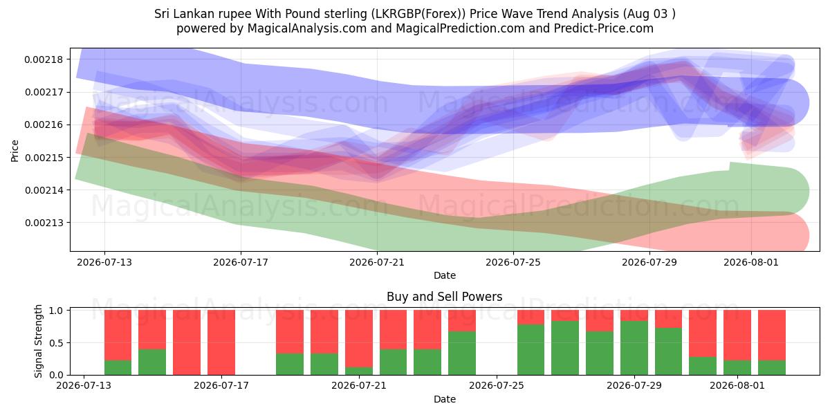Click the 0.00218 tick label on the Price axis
coord(44,59)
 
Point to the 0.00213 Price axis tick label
coord(44,223)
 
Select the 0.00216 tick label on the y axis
coord(44,125)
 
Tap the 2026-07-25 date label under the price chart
coord(513,263)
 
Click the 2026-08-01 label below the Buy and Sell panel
coord(737,386)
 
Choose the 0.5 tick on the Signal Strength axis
coord(56,343)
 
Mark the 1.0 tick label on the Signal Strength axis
coord(56,311)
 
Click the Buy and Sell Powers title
coord(445,297)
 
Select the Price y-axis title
coord(15,151)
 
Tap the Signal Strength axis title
coord(38,341)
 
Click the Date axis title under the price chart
coord(445,276)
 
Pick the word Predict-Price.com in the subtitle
coord(604,28)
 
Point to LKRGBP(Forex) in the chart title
coord(418,14)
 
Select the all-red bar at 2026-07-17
coord(221,343)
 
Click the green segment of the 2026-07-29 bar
coord(634,349)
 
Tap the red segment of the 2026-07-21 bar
coord(359,339)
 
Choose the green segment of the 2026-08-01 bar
coord(737,368)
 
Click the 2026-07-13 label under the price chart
coord(104,263)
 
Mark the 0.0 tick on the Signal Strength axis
coord(56,376)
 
